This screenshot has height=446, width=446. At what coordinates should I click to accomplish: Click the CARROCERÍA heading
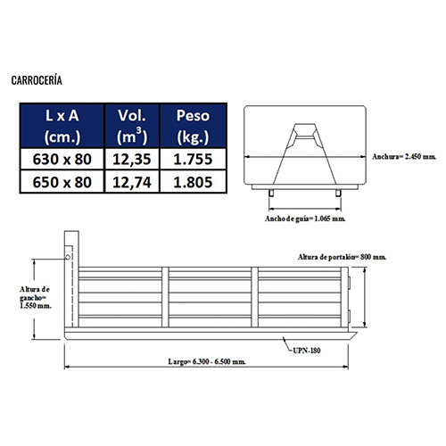(37, 80)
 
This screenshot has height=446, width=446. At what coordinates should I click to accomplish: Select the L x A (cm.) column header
(62, 126)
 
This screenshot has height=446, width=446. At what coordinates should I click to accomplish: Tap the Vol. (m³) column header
(132, 126)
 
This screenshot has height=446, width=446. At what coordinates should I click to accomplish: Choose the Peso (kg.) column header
(193, 126)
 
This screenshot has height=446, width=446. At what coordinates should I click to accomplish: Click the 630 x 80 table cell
(62, 159)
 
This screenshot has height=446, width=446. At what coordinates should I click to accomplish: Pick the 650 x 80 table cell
(62, 182)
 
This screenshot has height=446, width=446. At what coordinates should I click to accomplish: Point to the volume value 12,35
(132, 159)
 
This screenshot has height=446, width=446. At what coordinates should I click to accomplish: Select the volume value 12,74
(132, 182)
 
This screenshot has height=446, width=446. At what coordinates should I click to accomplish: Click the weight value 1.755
(193, 159)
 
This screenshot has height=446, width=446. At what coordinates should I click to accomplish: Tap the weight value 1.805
(193, 182)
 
